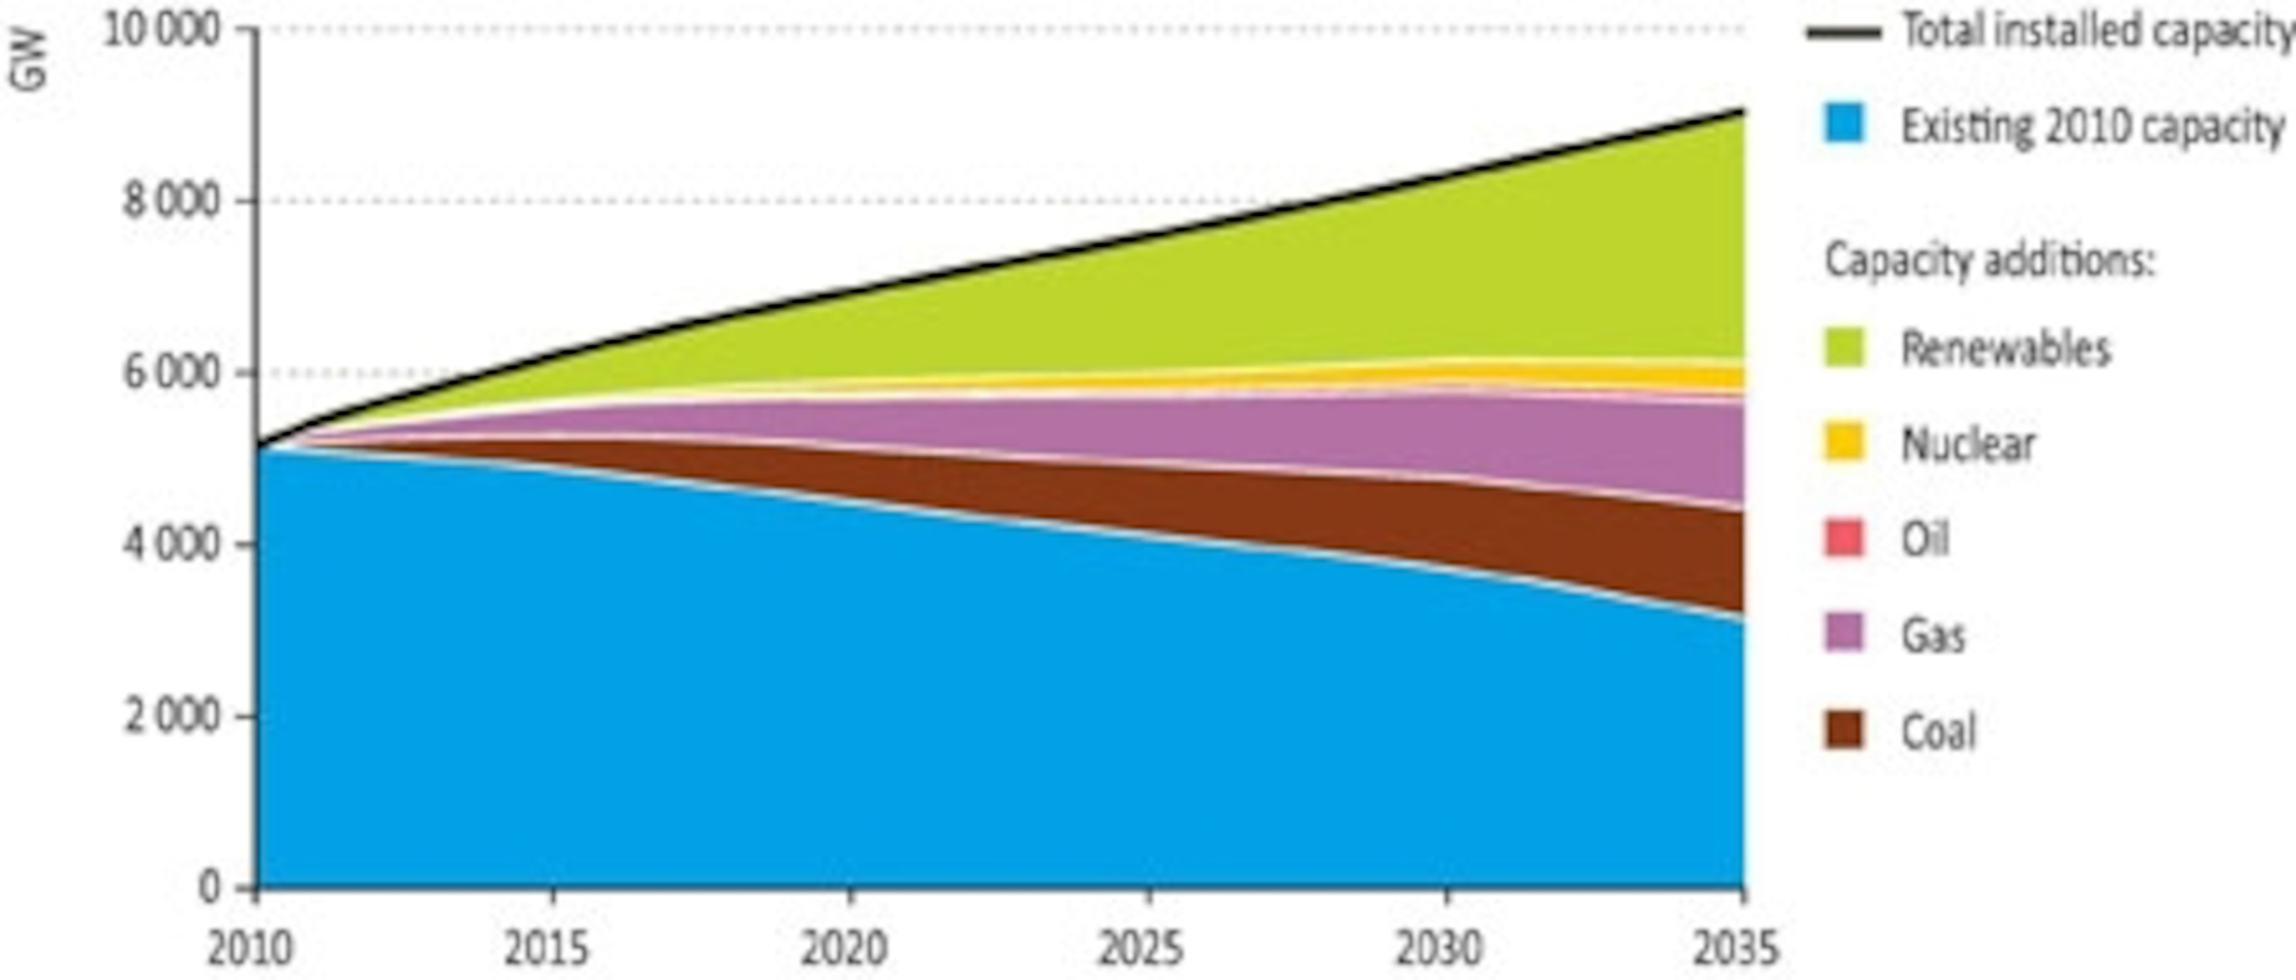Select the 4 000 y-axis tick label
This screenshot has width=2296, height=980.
coord(171,544)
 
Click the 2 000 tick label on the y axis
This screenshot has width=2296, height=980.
coord(171,716)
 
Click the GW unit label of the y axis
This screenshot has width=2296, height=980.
coord(28,61)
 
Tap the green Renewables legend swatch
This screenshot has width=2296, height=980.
coord(1843,348)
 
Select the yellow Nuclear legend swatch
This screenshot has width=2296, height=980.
coord(1843,443)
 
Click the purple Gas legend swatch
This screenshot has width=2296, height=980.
coord(1843,634)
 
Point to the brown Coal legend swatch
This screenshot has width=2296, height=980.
coord(1843,730)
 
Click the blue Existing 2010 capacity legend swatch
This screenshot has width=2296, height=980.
coord(1843,124)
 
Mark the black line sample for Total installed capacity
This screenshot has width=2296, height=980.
coord(1843,34)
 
